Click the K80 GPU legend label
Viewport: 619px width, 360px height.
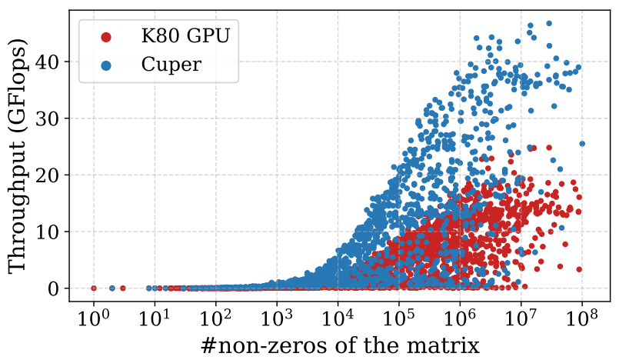[185, 35]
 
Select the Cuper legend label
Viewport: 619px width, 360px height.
[171, 65]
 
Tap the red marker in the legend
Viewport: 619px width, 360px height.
[106, 36]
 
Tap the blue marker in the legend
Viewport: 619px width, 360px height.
[106, 65]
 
